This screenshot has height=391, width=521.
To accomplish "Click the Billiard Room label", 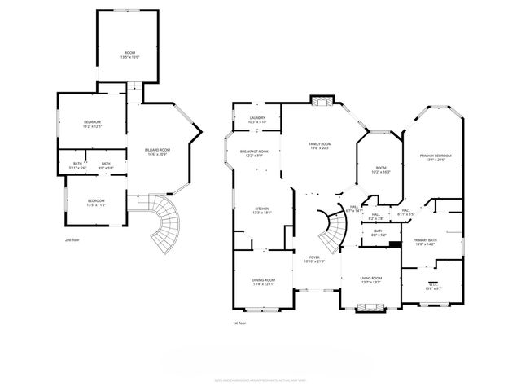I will tap(157, 152).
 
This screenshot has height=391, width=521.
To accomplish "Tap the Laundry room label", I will tap(258, 120).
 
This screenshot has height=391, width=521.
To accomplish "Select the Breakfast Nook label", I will tap(255, 152).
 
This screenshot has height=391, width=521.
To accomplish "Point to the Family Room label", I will tap(319, 146).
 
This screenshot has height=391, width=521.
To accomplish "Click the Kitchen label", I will tap(262, 209).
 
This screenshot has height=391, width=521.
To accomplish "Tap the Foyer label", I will tap(314, 259).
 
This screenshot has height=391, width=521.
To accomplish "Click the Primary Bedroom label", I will tap(436, 157).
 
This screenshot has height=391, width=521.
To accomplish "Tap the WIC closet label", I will tap(432, 286).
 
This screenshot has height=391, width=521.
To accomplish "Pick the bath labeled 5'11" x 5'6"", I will tap(77, 165).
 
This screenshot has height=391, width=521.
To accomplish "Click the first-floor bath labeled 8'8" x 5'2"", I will tap(379, 232).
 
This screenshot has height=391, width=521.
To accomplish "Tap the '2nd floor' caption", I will tap(72, 240).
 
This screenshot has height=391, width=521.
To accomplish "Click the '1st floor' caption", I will tap(240, 323).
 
